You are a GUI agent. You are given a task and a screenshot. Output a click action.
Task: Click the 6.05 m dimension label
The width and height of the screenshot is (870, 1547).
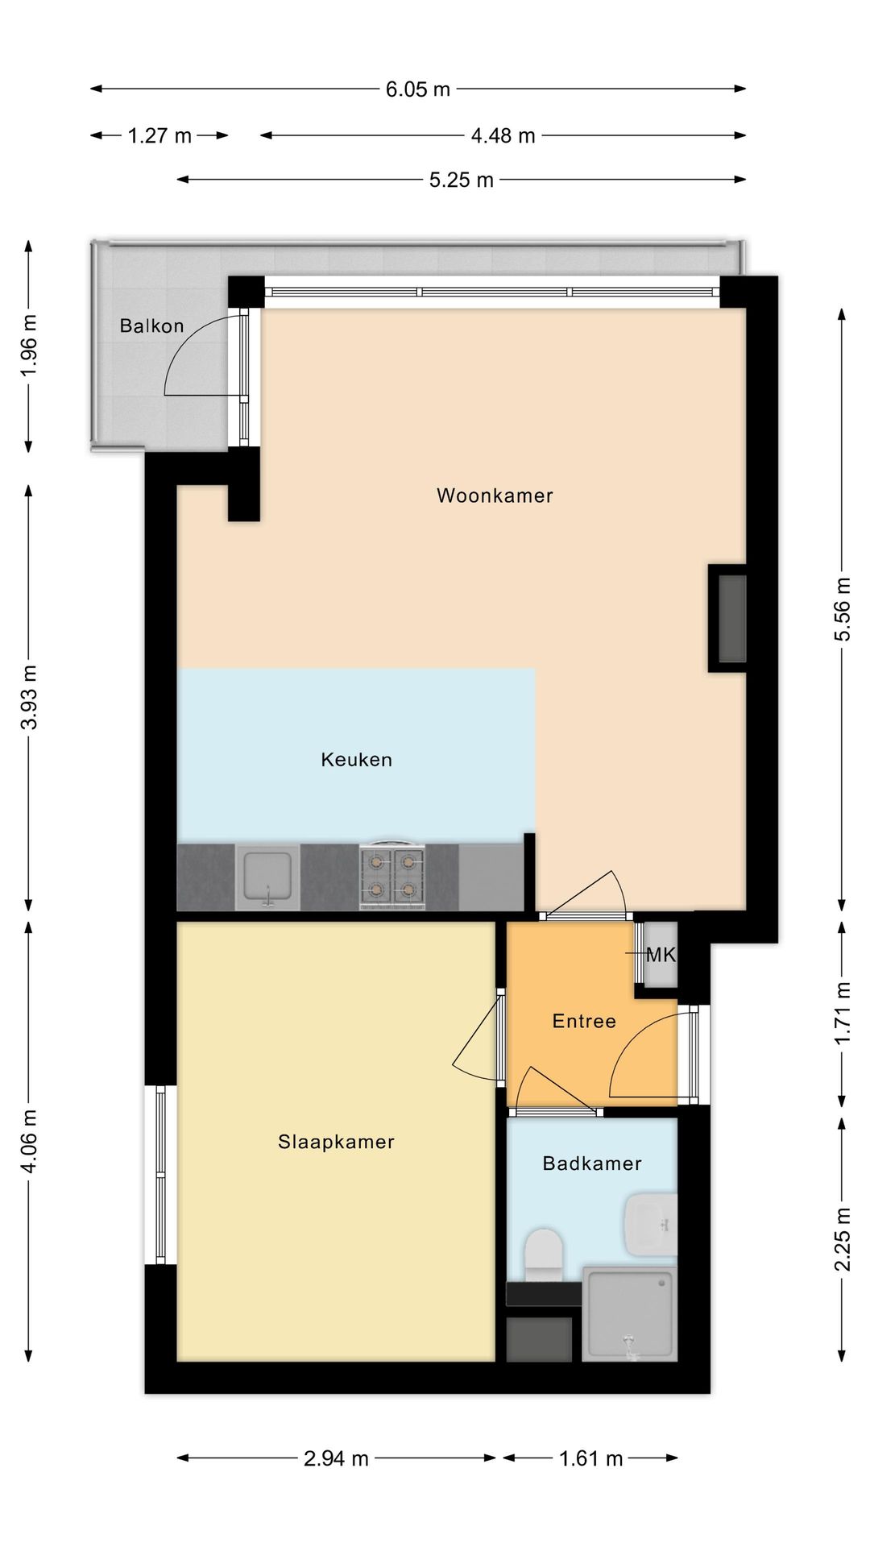tap(417, 89)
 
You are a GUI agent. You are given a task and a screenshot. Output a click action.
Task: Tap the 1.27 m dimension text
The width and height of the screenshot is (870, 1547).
tap(159, 135)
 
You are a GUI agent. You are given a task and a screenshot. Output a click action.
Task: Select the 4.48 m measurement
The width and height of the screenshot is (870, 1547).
tap(503, 135)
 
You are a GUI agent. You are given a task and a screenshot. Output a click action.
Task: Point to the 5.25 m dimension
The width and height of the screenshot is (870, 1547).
tap(461, 180)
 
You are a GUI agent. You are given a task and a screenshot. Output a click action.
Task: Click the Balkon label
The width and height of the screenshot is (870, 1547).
tap(151, 326)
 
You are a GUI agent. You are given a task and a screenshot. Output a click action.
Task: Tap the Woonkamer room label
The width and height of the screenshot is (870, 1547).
tap(495, 496)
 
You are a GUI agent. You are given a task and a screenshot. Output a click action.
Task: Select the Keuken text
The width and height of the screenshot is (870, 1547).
tap(356, 760)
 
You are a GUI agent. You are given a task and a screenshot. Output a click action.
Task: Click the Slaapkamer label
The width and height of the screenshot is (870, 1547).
tap(336, 1142)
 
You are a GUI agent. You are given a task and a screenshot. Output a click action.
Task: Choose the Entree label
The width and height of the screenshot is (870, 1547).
tap(584, 1022)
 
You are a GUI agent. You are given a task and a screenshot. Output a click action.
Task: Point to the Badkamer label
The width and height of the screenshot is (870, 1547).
tap(592, 1163)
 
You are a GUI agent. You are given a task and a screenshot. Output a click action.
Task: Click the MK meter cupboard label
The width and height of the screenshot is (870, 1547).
tap(661, 956)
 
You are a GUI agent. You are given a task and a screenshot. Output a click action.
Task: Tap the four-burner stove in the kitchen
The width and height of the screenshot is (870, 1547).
tap(392, 877)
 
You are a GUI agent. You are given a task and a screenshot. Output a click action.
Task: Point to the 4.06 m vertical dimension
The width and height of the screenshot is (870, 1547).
tap(29, 1141)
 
